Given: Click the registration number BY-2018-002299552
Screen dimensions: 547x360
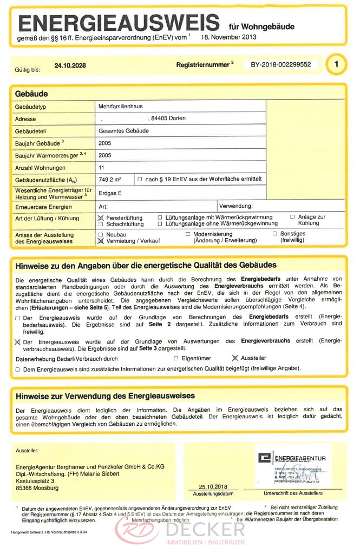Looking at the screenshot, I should point(280,64).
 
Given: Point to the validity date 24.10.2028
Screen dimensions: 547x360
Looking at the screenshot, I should point(70,66).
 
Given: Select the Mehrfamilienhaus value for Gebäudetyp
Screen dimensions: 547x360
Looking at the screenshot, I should point(120,107).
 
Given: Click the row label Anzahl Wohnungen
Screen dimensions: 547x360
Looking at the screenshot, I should point(41,168).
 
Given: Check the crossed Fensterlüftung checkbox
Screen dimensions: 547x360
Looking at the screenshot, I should point(101,218).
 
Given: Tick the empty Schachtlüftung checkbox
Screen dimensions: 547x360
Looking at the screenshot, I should point(101,224).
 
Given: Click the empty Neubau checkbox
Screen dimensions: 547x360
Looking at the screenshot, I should point(101,234).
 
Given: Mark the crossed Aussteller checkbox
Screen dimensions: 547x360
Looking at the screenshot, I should point(234,358).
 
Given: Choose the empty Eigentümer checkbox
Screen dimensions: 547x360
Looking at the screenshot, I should point(176,358).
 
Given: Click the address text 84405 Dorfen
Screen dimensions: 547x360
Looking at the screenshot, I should point(170,118).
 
